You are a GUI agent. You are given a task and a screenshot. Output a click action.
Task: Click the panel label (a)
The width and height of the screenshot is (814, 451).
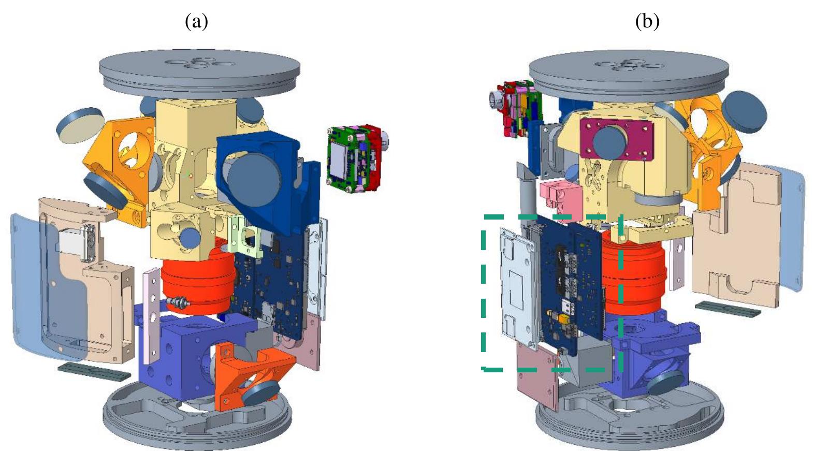[196, 22]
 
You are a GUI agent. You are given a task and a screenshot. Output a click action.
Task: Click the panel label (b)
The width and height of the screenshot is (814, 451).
[647, 22]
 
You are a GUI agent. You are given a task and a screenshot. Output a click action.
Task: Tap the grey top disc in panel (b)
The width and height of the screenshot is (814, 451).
[629, 72]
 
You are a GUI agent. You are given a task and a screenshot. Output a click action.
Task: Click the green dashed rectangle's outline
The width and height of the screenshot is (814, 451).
[484, 290]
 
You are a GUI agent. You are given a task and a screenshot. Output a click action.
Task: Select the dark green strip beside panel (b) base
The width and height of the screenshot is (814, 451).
[728, 310]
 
